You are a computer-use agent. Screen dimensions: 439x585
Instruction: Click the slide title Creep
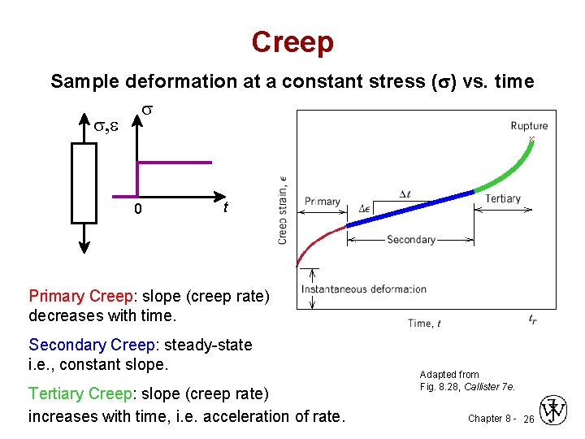click(x=292, y=42)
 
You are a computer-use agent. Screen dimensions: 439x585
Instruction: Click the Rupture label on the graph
click(x=529, y=125)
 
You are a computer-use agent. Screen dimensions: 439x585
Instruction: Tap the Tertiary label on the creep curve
click(x=502, y=199)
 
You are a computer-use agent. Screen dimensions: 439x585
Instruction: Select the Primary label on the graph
click(x=323, y=201)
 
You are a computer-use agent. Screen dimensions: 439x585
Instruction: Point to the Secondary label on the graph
click(x=411, y=240)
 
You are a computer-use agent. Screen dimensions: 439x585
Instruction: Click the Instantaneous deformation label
click(x=363, y=289)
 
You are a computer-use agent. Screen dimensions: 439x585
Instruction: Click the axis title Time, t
click(x=424, y=323)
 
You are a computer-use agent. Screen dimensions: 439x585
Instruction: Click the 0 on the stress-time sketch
click(x=137, y=210)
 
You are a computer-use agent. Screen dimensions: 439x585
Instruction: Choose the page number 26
click(x=528, y=419)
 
